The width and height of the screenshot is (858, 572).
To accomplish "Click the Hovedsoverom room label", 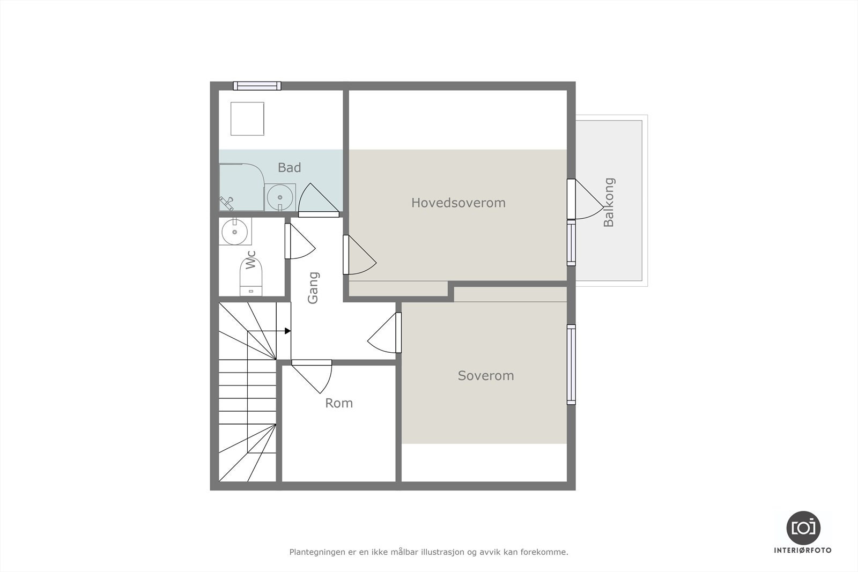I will point(458,203).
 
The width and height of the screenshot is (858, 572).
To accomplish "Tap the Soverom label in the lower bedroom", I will point(485,376).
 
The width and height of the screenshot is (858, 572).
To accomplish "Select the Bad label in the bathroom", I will point(289,168).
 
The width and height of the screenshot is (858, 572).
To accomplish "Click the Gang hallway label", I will point(313,288).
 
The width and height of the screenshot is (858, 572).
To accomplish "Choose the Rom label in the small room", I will point(339,403).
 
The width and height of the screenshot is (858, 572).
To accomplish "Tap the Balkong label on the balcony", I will point(609,203).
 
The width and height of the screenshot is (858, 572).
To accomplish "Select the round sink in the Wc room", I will point(235,232).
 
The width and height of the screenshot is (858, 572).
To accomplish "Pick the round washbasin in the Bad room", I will point(279,197).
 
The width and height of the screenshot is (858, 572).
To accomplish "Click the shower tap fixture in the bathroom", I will point(226,203).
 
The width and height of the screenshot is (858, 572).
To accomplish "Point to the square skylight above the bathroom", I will point(247,118).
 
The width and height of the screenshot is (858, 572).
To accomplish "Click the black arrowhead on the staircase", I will point(287,331).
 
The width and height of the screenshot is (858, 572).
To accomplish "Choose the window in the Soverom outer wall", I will point(572,365).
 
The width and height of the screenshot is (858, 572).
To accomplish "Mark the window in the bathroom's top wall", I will point(257,86).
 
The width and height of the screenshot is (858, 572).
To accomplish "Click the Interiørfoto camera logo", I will point(803,528).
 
